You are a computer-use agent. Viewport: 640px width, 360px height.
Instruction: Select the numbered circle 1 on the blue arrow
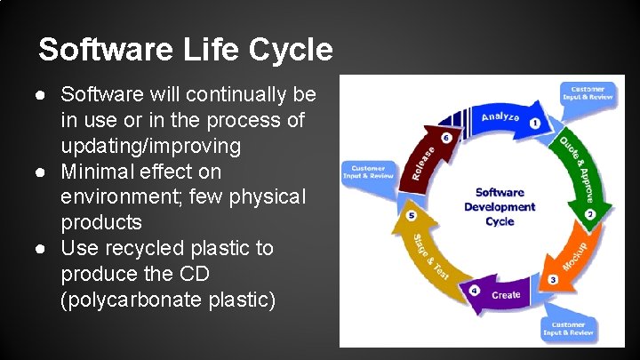(x=534, y=124)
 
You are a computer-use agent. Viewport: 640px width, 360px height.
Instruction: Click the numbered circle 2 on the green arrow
(x=589, y=214)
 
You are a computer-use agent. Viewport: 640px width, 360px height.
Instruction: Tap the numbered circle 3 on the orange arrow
(x=553, y=280)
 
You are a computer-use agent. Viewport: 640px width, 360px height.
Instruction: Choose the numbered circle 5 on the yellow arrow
(x=411, y=215)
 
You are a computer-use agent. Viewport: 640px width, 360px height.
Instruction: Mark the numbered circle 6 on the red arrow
(x=446, y=138)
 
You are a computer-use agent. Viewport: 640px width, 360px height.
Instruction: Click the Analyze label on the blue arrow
(x=500, y=116)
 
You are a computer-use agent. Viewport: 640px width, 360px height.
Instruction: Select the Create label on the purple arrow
(x=506, y=294)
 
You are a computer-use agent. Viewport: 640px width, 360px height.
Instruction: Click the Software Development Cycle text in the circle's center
(x=500, y=206)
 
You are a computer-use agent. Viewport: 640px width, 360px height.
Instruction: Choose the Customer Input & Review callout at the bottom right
(x=569, y=329)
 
